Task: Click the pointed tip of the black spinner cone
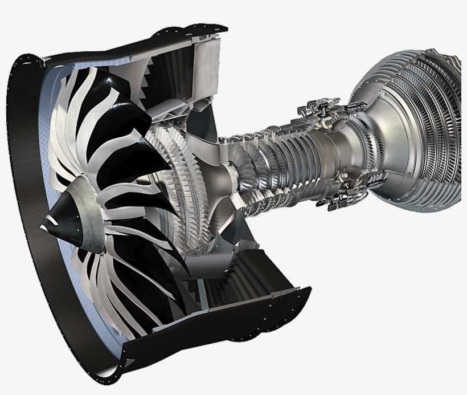(43, 226)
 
